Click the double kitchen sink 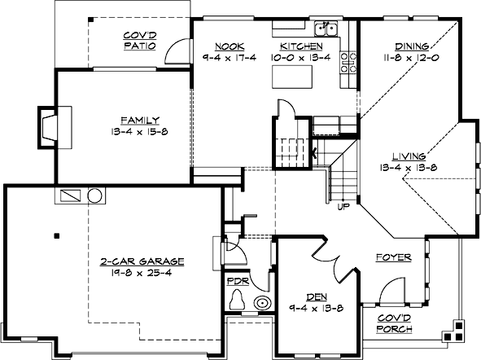click(x=327, y=30)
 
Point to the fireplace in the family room click(x=50, y=126)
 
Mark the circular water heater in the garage click(x=95, y=196)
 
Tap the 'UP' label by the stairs click(x=345, y=206)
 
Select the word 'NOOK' click(x=225, y=47)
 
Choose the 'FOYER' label click(x=392, y=257)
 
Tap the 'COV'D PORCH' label click(x=394, y=323)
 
